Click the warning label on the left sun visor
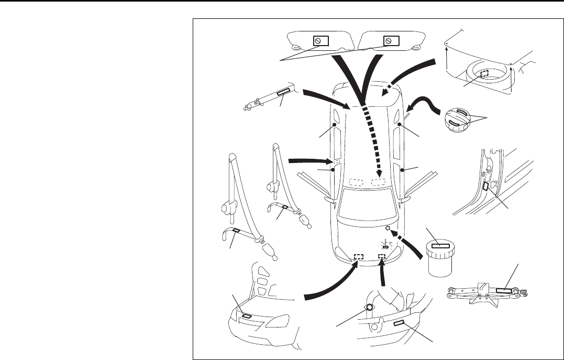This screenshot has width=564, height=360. click(x=320, y=41)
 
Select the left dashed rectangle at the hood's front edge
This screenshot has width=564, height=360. click(x=359, y=256)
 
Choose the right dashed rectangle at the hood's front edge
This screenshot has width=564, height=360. click(x=382, y=256)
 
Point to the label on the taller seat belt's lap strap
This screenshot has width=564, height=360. click(x=237, y=231)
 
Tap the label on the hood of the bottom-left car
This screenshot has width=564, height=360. click(x=247, y=316)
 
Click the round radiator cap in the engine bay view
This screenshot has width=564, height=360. click(x=369, y=308)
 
